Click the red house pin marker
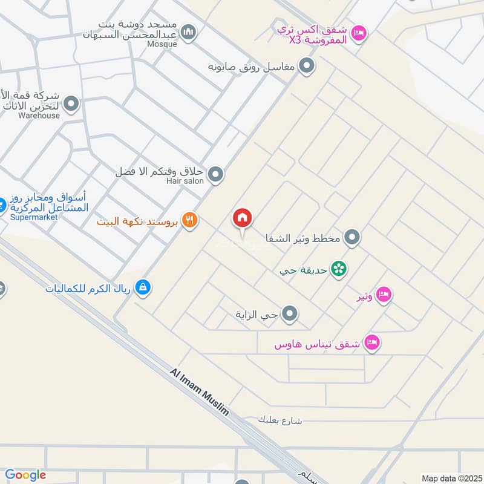point(243,218)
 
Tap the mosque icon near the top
point(189,31)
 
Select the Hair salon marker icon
point(216,175)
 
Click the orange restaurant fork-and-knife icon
point(191,221)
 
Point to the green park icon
point(339,269)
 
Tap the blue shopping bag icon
point(142,287)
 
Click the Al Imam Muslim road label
point(200,391)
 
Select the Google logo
point(25,475)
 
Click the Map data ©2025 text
point(451,478)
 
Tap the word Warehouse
point(39,115)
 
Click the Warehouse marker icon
point(71,104)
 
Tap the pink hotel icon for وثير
point(383,295)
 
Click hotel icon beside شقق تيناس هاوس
point(373,342)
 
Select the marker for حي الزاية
point(290,313)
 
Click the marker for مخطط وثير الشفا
point(352,238)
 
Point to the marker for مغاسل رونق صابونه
point(307,65)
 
